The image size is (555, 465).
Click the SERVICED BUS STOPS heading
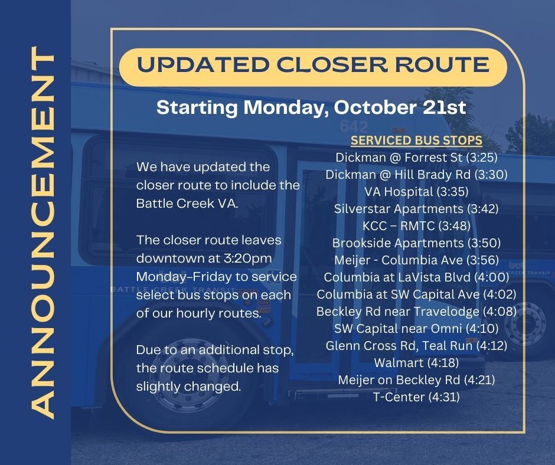tap(417, 142)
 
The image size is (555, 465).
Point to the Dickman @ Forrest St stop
tap(417, 158)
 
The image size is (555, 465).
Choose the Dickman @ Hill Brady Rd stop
tap(417, 175)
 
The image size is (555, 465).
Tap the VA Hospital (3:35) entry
tap(417, 191)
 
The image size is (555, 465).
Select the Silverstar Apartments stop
tap(417, 208)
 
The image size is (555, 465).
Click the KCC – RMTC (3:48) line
tap(417, 225)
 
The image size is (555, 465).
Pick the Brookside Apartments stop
tap(417, 243)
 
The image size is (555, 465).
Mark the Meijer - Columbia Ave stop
tap(417, 260)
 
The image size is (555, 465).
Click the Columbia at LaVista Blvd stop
tap(417, 277)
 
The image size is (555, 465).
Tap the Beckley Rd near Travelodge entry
tap(417, 311)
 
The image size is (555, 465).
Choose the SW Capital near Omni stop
tap(417, 328)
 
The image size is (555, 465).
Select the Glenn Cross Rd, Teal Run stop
tap(417, 345)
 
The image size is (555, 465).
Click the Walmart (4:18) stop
tap(417, 362)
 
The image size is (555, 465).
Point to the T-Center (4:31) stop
tap(417, 397)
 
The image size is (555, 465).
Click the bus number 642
tap(354, 126)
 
